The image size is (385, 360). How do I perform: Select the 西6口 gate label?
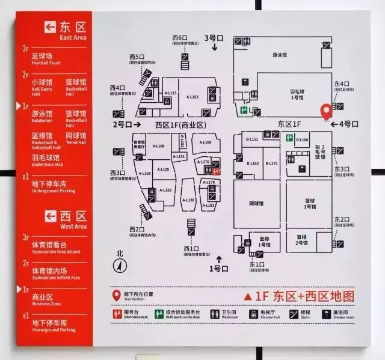[x=180, y=38]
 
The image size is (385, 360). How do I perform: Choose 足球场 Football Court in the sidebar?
[x=46, y=58]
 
